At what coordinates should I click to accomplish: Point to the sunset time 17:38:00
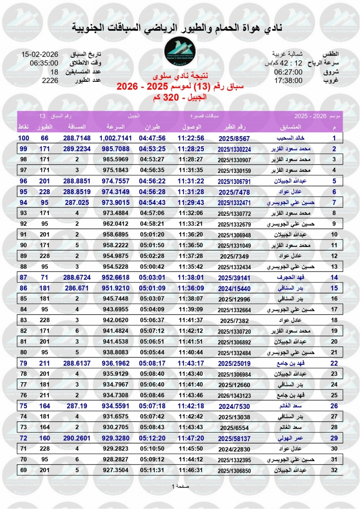[x=288, y=80]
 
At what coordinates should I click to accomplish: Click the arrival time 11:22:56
[x=191, y=138]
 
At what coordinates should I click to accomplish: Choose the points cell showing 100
[x=23, y=138]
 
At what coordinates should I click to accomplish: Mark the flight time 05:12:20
[x=153, y=438]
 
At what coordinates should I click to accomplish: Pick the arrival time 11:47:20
[x=191, y=438]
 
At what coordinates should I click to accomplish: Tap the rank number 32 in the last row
[x=334, y=470]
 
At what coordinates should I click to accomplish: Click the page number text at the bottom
[x=179, y=486]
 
